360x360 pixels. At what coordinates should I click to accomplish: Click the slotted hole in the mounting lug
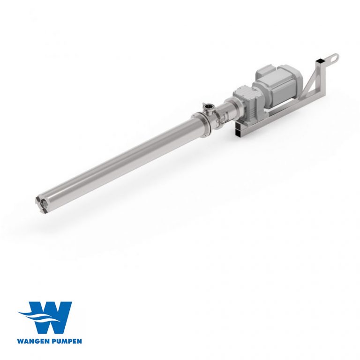coord(333,58)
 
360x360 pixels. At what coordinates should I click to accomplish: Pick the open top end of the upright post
coord(321,61)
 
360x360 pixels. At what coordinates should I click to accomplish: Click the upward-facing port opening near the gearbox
coord(207,106)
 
